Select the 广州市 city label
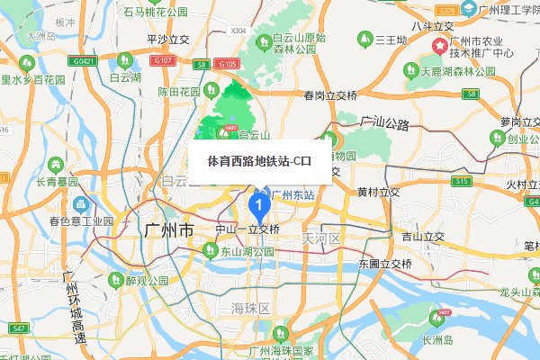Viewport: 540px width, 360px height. tap(168, 231)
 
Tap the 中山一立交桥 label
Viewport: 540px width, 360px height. tap(247, 229)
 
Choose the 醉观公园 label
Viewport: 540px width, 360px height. tap(148, 281)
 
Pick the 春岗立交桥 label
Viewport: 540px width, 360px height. tap(330, 95)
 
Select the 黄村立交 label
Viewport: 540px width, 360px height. tap(378, 193)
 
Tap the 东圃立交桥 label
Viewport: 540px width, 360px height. tap(385, 265)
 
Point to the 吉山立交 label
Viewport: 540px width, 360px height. tap(423, 237)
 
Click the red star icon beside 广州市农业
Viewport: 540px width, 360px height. tap(440, 46)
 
